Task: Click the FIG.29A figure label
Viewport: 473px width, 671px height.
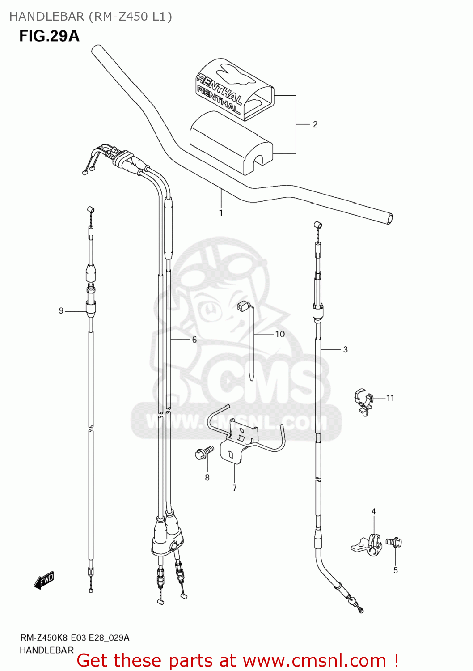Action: point(49,36)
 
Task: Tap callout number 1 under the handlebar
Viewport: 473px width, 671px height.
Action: point(221,213)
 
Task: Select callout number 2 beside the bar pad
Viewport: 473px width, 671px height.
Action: point(315,124)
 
